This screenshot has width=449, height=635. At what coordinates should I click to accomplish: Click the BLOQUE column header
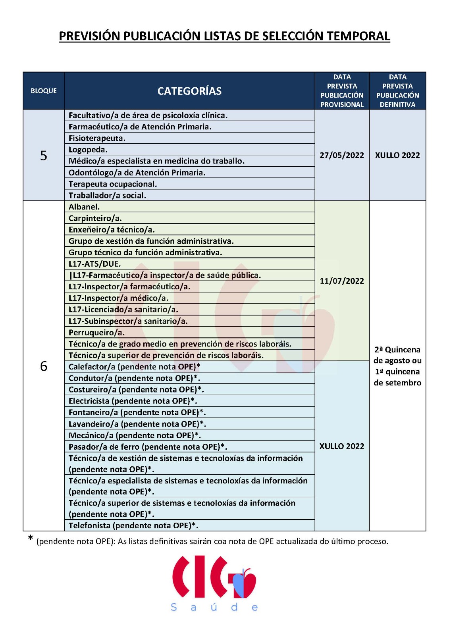(x=44, y=91)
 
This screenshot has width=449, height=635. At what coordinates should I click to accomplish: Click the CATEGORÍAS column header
(x=189, y=91)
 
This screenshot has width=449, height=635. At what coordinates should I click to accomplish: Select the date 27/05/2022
(x=342, y=155)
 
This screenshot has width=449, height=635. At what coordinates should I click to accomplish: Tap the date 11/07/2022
(x=342, y=281)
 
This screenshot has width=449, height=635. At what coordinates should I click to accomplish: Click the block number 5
(x=44, y=155)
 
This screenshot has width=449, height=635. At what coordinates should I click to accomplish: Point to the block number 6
(x=44, y=366)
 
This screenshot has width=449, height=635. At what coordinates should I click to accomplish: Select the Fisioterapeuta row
(x=97, y=138)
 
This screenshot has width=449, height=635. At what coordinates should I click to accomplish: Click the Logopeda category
(x=88, y=150)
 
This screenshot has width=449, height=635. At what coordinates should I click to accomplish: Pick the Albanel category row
(x=84, y=207)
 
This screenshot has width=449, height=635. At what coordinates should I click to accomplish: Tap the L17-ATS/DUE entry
(x=95, y=264)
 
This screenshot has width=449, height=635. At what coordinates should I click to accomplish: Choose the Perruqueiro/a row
(x=96, y=333)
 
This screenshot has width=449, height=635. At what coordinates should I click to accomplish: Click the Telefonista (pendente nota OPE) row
(x=133, y=525)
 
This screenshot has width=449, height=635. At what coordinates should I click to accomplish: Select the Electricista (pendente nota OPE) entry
(x=133, y=401)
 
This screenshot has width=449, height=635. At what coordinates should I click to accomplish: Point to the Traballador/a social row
(x=107, y=195)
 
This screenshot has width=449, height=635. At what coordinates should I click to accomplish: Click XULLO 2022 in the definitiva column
(x=397, y=155)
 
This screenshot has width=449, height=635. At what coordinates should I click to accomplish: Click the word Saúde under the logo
(x=214, y=607)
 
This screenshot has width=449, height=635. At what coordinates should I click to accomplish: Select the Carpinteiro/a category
(x=95, y=218)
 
